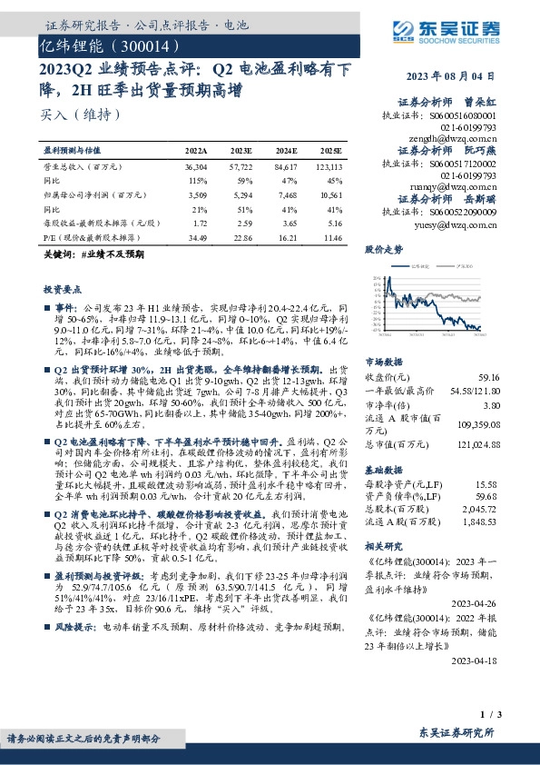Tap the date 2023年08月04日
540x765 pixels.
(x=462, y=75)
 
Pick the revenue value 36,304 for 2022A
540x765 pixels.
(x=195, y=167)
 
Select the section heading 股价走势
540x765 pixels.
(x=383, y=248)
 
